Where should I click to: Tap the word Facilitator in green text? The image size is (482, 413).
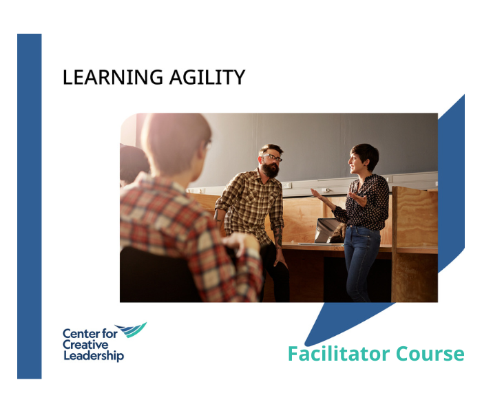click(x=328, y=354)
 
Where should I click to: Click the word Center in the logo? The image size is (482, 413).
click(x=80, y=333)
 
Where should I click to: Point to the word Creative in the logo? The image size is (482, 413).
click(x=85, y=345)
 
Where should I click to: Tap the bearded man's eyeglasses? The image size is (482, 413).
click(x=272, y=158)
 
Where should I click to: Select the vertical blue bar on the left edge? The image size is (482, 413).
click(x=29, y=206)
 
